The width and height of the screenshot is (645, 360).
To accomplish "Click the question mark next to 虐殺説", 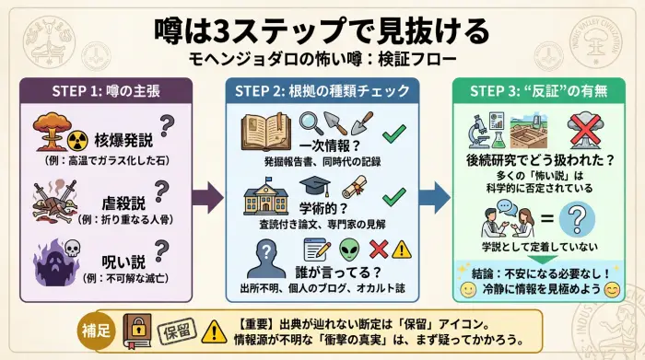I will coord(163,191).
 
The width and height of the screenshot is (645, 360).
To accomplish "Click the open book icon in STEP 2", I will coord(266,133).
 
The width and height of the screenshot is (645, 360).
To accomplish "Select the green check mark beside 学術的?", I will coord(393,196).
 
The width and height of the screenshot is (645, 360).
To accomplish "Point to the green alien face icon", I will coord(348,249).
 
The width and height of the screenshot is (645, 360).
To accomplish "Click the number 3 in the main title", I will coord(224,30).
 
